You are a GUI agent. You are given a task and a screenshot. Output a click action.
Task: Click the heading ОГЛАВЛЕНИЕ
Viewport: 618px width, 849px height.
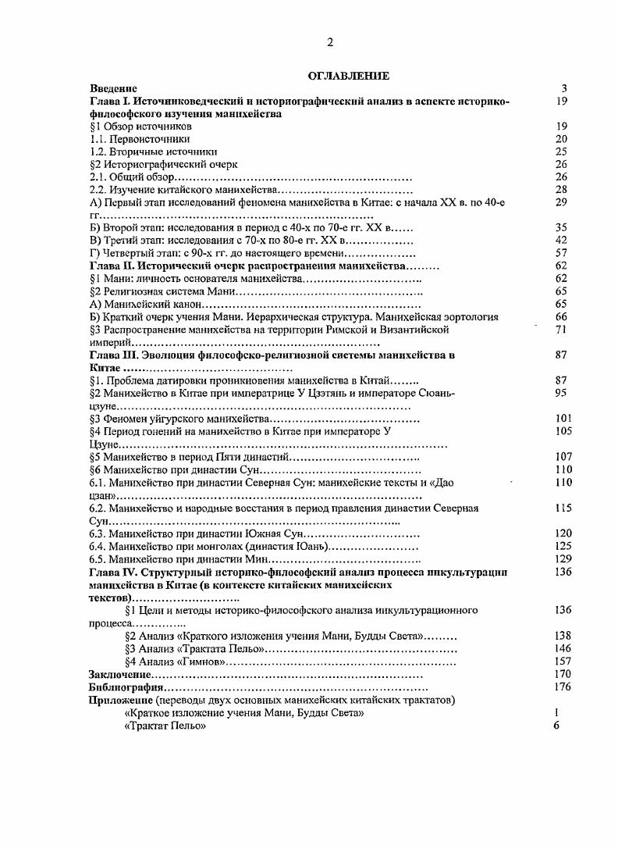point(348,76)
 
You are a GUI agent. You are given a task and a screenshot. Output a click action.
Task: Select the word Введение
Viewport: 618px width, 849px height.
point(113,88)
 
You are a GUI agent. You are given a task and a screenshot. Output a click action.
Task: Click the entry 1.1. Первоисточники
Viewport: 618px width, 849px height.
point(140,138)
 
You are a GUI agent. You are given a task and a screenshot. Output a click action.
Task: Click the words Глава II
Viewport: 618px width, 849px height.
point(113,266)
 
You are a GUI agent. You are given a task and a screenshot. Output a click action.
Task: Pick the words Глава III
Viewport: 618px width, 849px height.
point(115,355)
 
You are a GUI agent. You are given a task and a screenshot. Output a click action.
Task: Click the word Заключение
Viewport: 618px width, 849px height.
point(119,673)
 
